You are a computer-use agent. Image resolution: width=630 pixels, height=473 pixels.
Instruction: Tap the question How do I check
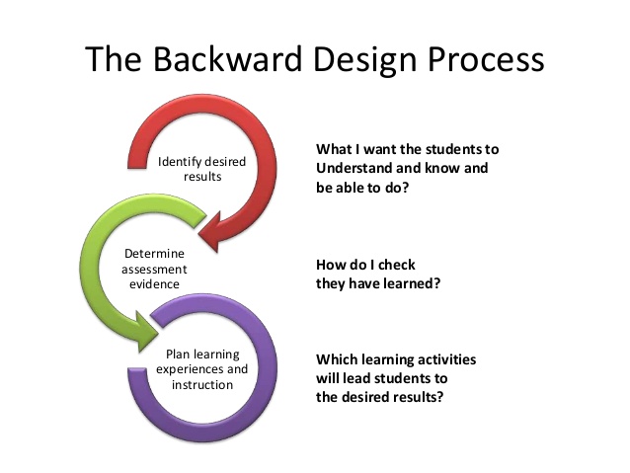[365, 265]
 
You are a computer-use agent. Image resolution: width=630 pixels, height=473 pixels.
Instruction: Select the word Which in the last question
[339, 360]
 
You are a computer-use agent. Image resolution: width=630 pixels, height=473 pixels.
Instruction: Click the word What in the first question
[334, 149]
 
